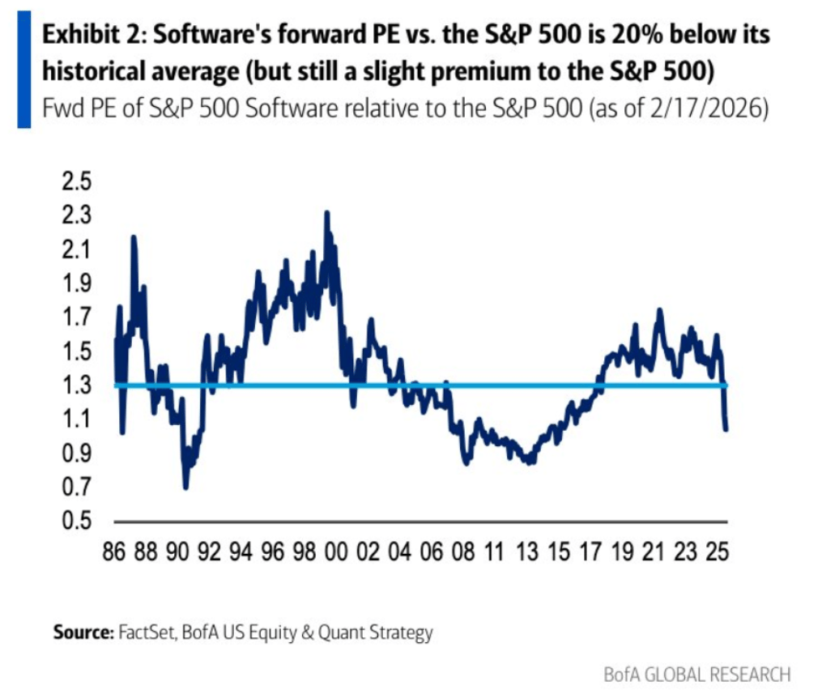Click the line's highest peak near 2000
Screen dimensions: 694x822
point(326,213)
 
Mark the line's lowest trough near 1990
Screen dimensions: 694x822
point(186,487)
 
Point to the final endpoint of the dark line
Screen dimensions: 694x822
point(726,428)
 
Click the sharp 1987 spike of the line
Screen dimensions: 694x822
point(134,236)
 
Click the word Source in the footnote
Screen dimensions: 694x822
point(81,632)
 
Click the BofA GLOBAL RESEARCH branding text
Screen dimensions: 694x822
point(697,674)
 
